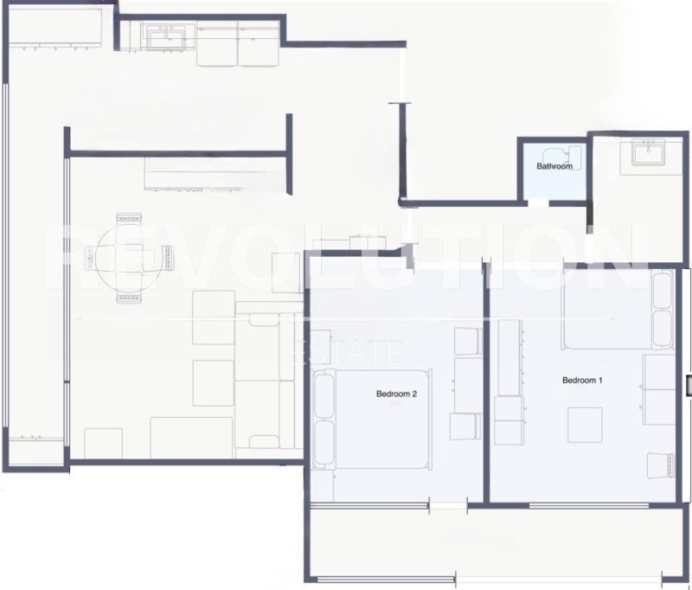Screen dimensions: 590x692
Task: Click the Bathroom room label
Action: click(554, 166)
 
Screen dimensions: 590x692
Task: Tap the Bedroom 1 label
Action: click(582, 380)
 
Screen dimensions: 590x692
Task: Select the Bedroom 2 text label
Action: click(396, 394)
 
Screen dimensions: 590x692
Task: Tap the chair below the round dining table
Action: click(128, 296)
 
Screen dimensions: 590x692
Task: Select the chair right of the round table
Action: click(165, 257)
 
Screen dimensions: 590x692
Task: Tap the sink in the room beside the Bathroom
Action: click(647, 153)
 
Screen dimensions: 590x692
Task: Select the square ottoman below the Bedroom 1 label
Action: click(585, 424)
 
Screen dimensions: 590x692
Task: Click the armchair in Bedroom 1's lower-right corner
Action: click(661, 465)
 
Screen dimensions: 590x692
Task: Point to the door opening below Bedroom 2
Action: click(447, 503)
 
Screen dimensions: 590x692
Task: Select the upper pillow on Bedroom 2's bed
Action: click(324, 394)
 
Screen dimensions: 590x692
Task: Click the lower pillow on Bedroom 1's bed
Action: click(663, 328)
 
